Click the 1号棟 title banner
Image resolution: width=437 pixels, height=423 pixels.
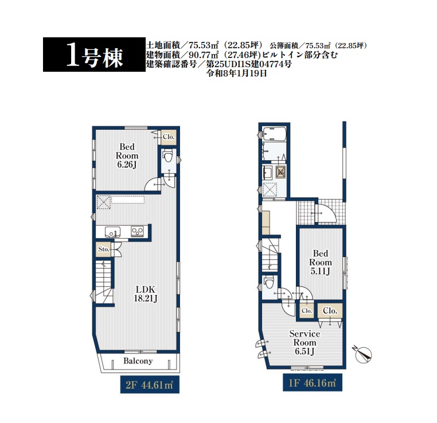pos(94,55)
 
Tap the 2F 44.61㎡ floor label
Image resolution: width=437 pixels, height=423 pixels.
pos(150,385)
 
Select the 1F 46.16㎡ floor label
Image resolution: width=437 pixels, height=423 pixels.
pos(313,383)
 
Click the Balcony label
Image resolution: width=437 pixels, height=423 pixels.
pos(138,361)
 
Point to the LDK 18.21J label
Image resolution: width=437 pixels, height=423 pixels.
pos(146,294)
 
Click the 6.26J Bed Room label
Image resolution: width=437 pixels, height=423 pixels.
pos(127,156)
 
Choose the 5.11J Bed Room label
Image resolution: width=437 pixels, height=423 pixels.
pos(321,262)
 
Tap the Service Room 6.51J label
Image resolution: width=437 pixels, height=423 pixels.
pos(305,343)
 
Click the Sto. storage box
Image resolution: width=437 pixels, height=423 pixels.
pos(104,249)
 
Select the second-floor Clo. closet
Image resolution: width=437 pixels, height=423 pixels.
pos(169,137)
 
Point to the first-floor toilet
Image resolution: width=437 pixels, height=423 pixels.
pos(269,282)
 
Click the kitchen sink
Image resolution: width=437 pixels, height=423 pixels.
pos(112,232)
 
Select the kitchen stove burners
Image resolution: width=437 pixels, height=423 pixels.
pos(137,232)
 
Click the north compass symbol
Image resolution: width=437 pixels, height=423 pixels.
pos(364,355)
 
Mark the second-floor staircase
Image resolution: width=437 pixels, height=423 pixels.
pos(104,281)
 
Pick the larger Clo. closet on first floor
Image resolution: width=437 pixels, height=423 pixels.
pos(330,311)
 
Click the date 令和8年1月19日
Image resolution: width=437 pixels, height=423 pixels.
pos(236,73)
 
